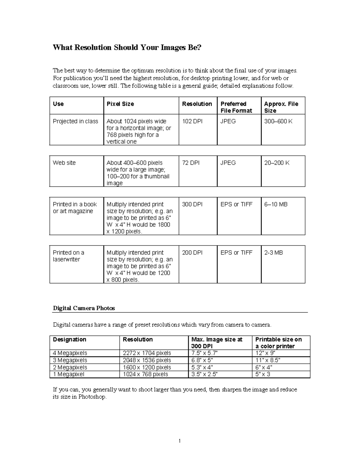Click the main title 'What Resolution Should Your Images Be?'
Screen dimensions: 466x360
tap(127, 47)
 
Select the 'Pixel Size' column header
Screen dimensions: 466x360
tap(120, 104)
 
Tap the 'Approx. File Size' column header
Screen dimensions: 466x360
tap(281, 107)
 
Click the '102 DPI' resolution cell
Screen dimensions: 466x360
tap(192, 121)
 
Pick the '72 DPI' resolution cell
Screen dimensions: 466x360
tap(190, 163)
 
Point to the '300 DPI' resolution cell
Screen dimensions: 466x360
tap(192, 204)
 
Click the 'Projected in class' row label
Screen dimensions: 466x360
tap(75, 121)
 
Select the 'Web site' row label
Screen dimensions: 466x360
tap(64, 163)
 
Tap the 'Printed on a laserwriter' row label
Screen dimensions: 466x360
tap(68, 256)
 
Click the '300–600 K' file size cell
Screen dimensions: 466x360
tap(278, 121)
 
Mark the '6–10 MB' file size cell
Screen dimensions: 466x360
tap(276, 204)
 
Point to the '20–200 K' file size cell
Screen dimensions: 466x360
tap(277, 163)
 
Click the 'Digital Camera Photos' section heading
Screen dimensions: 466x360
tap(84, 308)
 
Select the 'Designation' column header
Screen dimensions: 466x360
tap(70, 339)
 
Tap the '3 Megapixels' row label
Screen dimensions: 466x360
tap(70, 360)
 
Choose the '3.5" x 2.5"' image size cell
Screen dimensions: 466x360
tap(204, 374)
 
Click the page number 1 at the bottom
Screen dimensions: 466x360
tap(180, 441)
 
